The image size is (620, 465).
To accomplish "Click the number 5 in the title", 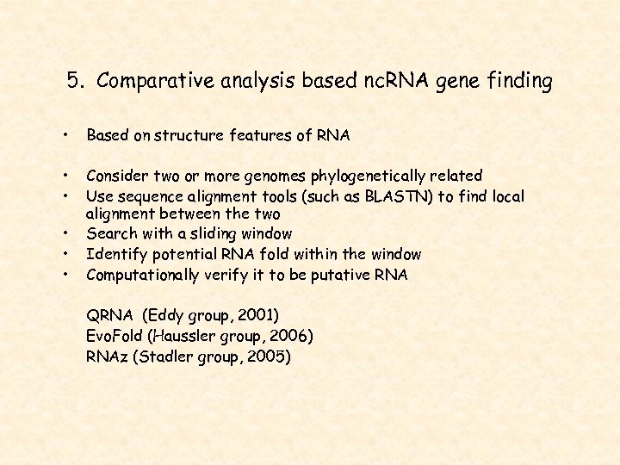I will coord(74,82).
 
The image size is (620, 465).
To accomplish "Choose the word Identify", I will coord(115,254).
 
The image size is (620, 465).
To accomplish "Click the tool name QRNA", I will coord(110,315).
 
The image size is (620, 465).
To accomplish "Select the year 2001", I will coord(261,315).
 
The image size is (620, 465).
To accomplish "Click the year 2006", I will coord(292,335).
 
